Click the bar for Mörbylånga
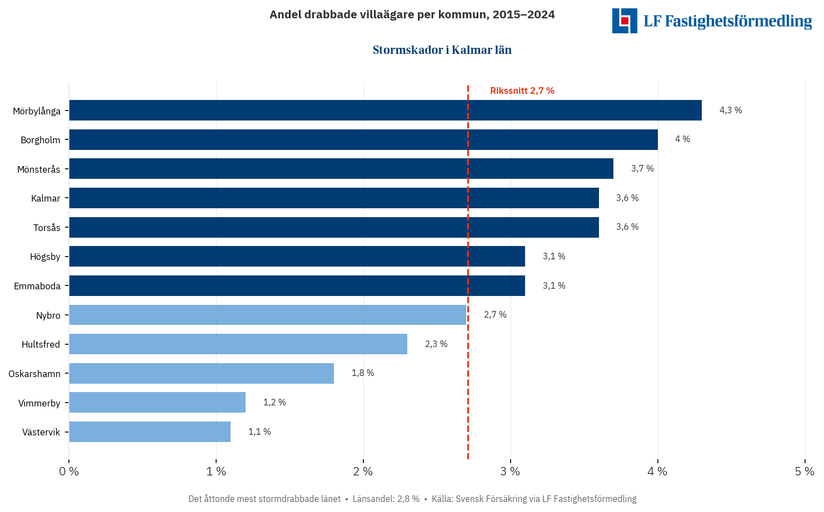pyautogui.click(x=385, y=110)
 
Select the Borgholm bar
pyautogui.click(x=363, y=139)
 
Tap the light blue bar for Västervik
pyautogui.click(x=149, y=431)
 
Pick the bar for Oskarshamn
pyautogui.click(x=201, y=373)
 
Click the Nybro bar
pyautogui.click(x=267, y=315)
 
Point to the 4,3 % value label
pyautogui.click(x=731, y=110)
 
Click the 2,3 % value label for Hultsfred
pyautogui.click(x=436, y=344)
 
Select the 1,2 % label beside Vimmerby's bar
pyautogui.click(x=274, y=402)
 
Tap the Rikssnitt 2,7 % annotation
pyautogui.click(x=522, y=91)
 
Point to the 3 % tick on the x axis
pyautogui.click(x=510, y=471)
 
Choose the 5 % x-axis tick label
pyautogui.click(x=805, y=471)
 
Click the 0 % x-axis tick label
pyautogui.click(x=69, y=471)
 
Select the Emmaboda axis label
pyautogui.click(x=37, y=286)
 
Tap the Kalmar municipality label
pyautogui.click(x=46, y=198)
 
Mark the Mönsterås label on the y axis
pyautogui.click(x=39, y=169)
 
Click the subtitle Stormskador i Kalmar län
pyautogui.click(x=442, y=50)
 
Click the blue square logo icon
pyautogui.click(x=625, y=21)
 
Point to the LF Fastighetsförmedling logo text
pyautogui.click(x=727, y=21)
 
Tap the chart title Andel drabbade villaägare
pyautogui.click(x=412, y=14)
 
